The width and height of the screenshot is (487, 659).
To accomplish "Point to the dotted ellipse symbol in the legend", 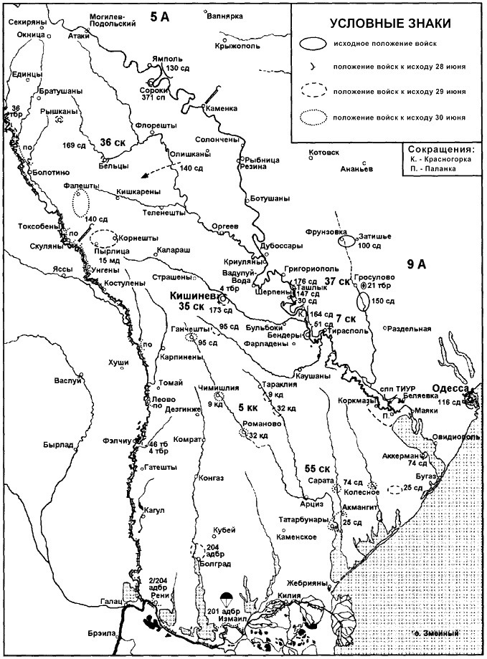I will click(x=308, y=116).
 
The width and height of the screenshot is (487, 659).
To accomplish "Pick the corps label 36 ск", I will click(x=113, y=142).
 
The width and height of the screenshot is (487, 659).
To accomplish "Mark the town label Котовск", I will click(x=322, y=153).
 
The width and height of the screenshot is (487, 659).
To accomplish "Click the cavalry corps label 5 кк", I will click(x=248, y=407).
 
